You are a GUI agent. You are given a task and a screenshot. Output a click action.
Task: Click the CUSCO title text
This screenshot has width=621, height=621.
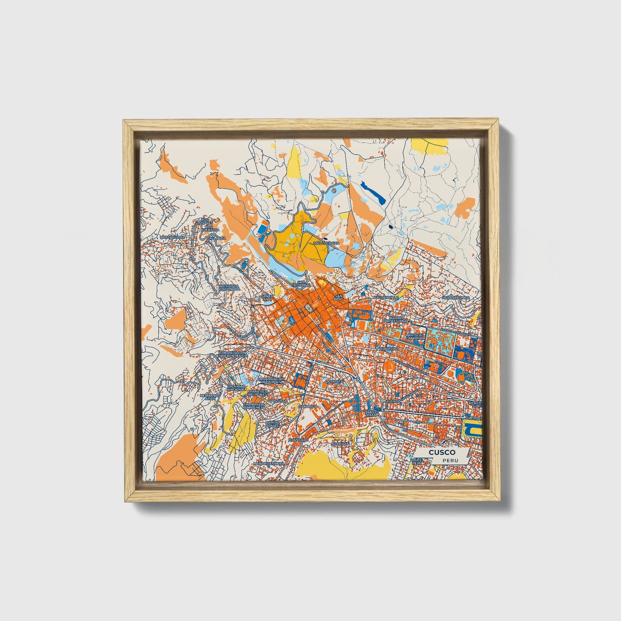(x=439, y=453)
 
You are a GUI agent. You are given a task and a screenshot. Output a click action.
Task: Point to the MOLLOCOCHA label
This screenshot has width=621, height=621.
(x=327, y=243)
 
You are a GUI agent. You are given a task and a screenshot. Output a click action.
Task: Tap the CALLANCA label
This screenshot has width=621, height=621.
(x=216, y=238)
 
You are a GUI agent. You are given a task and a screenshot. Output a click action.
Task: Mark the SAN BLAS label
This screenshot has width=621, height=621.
(x=339, y=297)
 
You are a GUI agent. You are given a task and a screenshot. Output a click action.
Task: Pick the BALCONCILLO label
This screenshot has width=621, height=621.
(x=387, y=297)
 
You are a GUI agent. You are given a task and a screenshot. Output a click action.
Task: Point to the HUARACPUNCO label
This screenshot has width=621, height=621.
(x=456, y=297)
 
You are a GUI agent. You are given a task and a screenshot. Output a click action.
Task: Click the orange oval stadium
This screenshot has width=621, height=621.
(x=390, y=366)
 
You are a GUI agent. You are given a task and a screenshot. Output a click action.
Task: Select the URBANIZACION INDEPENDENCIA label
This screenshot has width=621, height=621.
(x=232, y=354)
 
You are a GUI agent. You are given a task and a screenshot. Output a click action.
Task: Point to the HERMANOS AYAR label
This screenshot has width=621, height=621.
(x=210, y=396)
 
